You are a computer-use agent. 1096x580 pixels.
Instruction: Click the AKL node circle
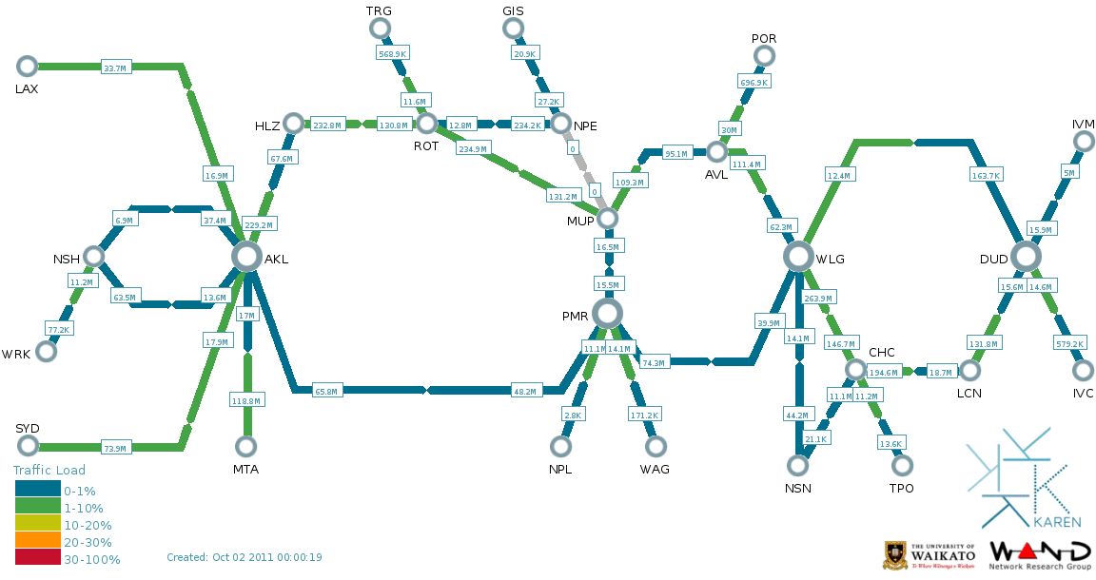click(246, 256)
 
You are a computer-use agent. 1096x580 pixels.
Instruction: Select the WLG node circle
click(798, 256)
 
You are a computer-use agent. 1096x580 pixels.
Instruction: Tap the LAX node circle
click(27, 66)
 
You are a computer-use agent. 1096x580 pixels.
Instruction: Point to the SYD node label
click(28, 428)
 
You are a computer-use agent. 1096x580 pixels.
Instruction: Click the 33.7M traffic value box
click(116, 68)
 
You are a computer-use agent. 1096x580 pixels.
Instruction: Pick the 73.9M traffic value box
click(116, 448)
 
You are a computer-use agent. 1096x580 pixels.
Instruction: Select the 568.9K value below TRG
click(393, 54)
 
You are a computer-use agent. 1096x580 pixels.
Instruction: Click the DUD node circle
click(1026, 256)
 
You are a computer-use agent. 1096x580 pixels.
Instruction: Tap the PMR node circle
click(607, 313)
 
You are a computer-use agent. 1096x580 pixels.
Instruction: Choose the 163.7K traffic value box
click(986, 176)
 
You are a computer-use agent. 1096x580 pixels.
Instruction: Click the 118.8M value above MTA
click(247, 402)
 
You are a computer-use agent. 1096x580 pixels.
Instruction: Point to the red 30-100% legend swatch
click(38, 559)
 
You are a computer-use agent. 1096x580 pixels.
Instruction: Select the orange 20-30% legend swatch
click(38, 542)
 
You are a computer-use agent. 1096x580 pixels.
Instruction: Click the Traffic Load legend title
click(49, 470)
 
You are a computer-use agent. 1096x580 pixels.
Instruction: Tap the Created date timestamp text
click(245, 557)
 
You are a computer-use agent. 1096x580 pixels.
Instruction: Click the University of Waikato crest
click(895, 554)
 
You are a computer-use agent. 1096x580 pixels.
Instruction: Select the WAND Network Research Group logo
click(1040, 555)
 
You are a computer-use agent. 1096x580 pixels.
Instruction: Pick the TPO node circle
click(902, 465)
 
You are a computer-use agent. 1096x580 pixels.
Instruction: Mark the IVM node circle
click(1084, 142)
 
